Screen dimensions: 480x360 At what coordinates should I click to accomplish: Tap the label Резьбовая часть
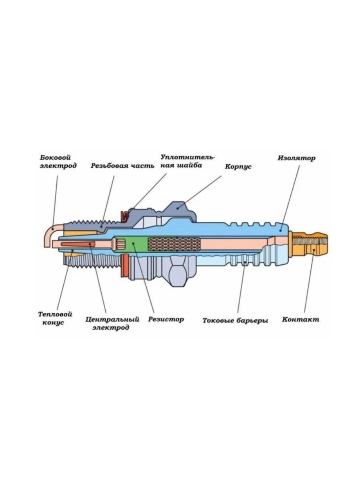(122, 166)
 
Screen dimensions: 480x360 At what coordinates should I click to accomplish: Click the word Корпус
(238, 167)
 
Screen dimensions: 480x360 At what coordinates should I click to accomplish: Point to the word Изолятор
(296, 158)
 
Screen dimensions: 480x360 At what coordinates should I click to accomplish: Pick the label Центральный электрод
(112, 323)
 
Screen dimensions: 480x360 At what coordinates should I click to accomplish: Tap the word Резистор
(166, 319)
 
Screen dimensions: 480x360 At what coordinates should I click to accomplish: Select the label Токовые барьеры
(235, 320)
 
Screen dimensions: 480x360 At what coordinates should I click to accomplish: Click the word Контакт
(300, 320)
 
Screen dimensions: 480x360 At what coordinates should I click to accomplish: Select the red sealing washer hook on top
(124, 216)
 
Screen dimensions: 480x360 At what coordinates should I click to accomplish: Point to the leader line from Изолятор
(290, 196)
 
